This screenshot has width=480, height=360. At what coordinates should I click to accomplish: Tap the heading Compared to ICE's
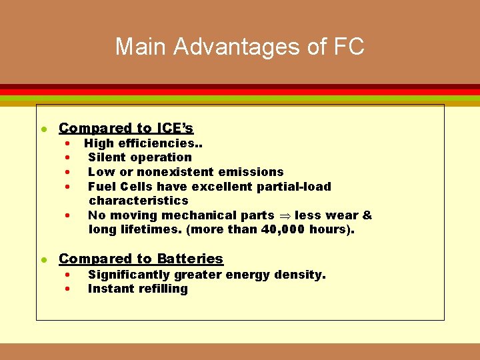click(x=126, y=128)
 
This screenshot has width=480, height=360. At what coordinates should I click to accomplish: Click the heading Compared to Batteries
click(x=141, y=259)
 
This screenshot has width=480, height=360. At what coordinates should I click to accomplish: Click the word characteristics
click(x=139, y=201)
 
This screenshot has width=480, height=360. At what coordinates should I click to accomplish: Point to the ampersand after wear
click(x=367, y=215)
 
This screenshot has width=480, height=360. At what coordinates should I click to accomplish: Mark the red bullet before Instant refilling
click(x=67, y=289)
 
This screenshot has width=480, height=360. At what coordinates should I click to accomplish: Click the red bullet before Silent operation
click(x=67, y=158)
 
